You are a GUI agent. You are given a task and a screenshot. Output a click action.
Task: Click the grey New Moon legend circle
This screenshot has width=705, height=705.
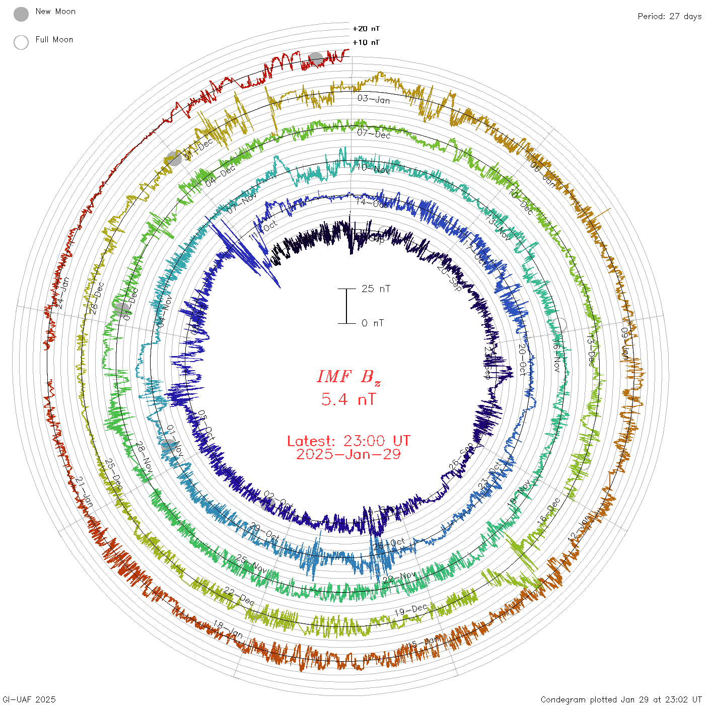(21, 15)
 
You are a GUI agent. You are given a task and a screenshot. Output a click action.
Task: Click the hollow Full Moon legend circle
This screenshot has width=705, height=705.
(21, 43)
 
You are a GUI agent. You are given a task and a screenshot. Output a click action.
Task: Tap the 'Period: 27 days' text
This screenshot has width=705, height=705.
(669, 17)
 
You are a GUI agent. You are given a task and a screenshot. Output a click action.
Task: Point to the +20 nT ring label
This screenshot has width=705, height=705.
(366, 29)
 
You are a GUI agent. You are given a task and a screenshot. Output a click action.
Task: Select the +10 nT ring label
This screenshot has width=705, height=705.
(366, 42)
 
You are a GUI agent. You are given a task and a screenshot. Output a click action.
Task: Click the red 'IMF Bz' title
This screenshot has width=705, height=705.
(348, 377)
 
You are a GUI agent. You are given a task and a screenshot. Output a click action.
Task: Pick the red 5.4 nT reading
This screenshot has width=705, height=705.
(348, 400)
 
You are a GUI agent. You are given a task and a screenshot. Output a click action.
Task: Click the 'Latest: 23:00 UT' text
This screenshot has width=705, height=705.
(348, 441)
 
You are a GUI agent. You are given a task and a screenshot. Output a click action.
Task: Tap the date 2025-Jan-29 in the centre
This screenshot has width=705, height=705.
(348, 454)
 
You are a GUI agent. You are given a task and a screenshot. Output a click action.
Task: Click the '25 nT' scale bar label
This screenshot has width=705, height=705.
(376, 289)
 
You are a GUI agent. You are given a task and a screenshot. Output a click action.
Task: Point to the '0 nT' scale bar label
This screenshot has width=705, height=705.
(373, 323)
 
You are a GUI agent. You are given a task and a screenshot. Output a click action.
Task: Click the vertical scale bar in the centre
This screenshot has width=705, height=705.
(346, 306)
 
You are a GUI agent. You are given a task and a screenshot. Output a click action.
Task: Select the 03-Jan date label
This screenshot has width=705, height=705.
(374, 99)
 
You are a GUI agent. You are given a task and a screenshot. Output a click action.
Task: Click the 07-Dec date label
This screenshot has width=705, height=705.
(374, 134)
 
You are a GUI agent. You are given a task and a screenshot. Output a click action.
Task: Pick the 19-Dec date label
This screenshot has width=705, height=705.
(410, 610)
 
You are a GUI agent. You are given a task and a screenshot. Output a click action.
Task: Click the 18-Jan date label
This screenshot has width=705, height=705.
(228, 629)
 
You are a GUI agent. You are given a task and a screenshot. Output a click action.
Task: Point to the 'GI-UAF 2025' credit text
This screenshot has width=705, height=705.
(29, 699)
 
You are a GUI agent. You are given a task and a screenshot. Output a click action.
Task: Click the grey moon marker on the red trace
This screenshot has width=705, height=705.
(316, 59)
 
